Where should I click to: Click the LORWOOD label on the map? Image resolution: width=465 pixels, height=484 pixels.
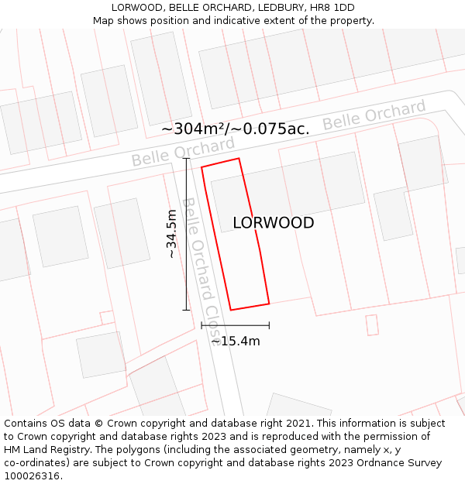tap(273, 223)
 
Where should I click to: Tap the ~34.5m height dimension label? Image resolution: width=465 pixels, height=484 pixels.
tap(171, 234)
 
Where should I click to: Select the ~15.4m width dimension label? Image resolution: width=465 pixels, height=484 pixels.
tap(235, 341)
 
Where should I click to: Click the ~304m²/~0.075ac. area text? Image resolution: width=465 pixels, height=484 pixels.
tap(235, 129)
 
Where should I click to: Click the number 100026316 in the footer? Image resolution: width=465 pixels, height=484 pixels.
tap(33, 476)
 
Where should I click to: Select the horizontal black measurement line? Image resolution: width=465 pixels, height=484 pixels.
tap(235, 325)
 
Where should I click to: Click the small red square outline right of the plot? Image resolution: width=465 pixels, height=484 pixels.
tap(372, 324)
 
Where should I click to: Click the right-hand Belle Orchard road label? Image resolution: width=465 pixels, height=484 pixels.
tap(374, 115)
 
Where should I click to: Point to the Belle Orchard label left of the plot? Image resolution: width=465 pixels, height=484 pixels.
tap(182, 152)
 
